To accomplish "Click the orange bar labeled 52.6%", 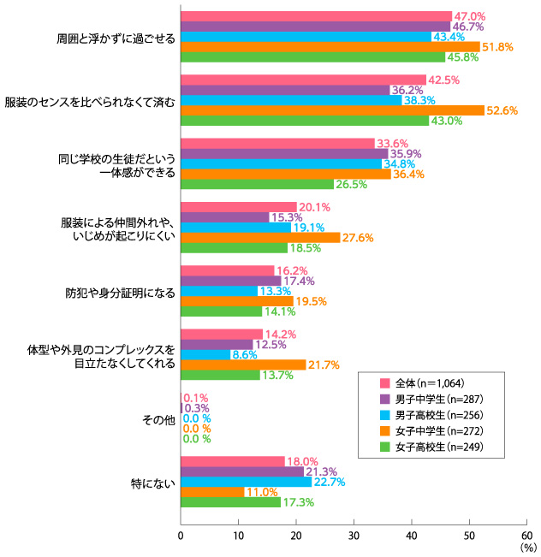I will pos(332,110).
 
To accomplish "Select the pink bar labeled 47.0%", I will pos(316,16).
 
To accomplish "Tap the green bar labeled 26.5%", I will pos(257,184).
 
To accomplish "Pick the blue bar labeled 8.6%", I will pos(205,354).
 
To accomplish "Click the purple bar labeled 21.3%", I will pos(242,471).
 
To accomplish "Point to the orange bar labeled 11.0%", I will pos(212,492).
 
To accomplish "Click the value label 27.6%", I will pos(360,238).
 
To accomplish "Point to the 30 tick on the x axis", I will pos(354,536).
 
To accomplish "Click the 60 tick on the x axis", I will pos(526,536).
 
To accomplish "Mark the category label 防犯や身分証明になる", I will pos(121,292).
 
